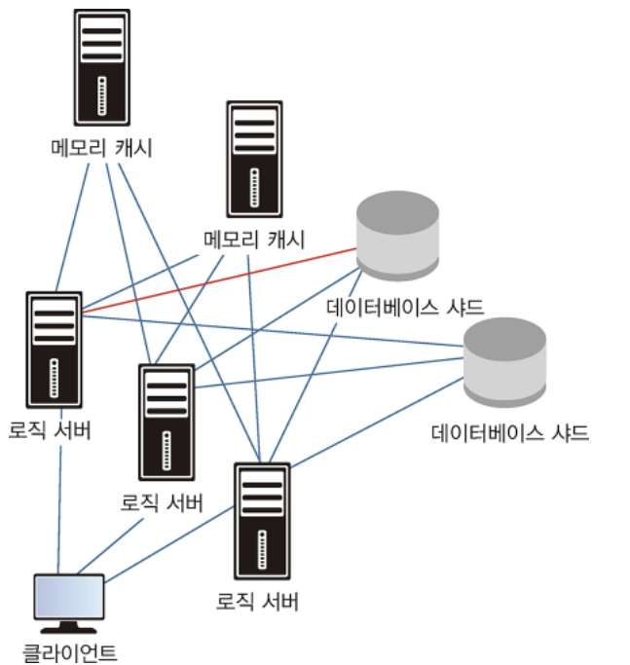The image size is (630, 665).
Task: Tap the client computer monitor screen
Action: pos(68,596)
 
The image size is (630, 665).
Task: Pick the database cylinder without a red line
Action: pos(503,360)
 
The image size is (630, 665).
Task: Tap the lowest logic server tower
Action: pos(262,521)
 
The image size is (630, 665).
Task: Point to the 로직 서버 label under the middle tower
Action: pos(162,503)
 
